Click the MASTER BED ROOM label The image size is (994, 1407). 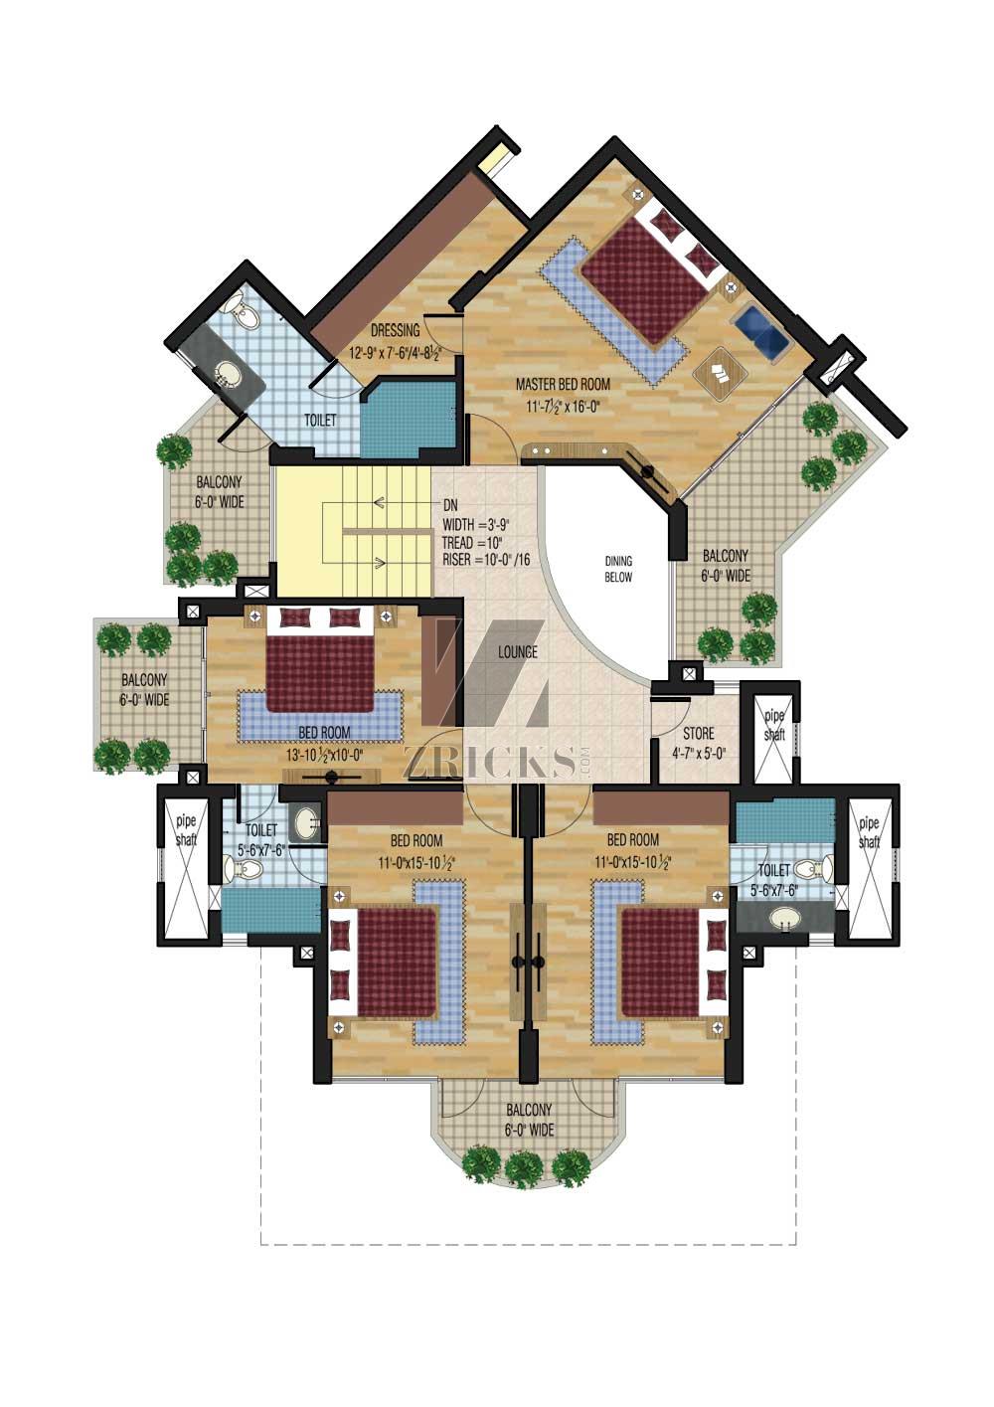pyautogui.click(x=563, y=383)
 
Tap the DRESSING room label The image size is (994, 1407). pyautogui.click(x=395, y=330)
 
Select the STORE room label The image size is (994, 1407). pyautogui.click(x=698, y=733)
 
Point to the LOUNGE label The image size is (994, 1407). pyautogui.click(x=518, y=652)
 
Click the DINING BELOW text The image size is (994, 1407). pyautogui.click(x=618, y=569)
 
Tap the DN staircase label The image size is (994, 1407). pyautogui.click(x=451, y=506)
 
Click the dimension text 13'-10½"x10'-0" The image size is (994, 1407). pyautogui.click(x=325, y=755)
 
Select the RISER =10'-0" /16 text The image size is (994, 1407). pyautogui.click(x=486, y=559)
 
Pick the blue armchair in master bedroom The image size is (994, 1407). pyautogui.click(x=761, y=329)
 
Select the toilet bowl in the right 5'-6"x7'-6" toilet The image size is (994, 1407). pyautogui.click(x=814, y=869)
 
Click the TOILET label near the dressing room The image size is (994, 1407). pyautogui.click(x=320, y=421)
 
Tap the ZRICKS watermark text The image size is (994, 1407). pyautogui.click(x=490, y=762)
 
